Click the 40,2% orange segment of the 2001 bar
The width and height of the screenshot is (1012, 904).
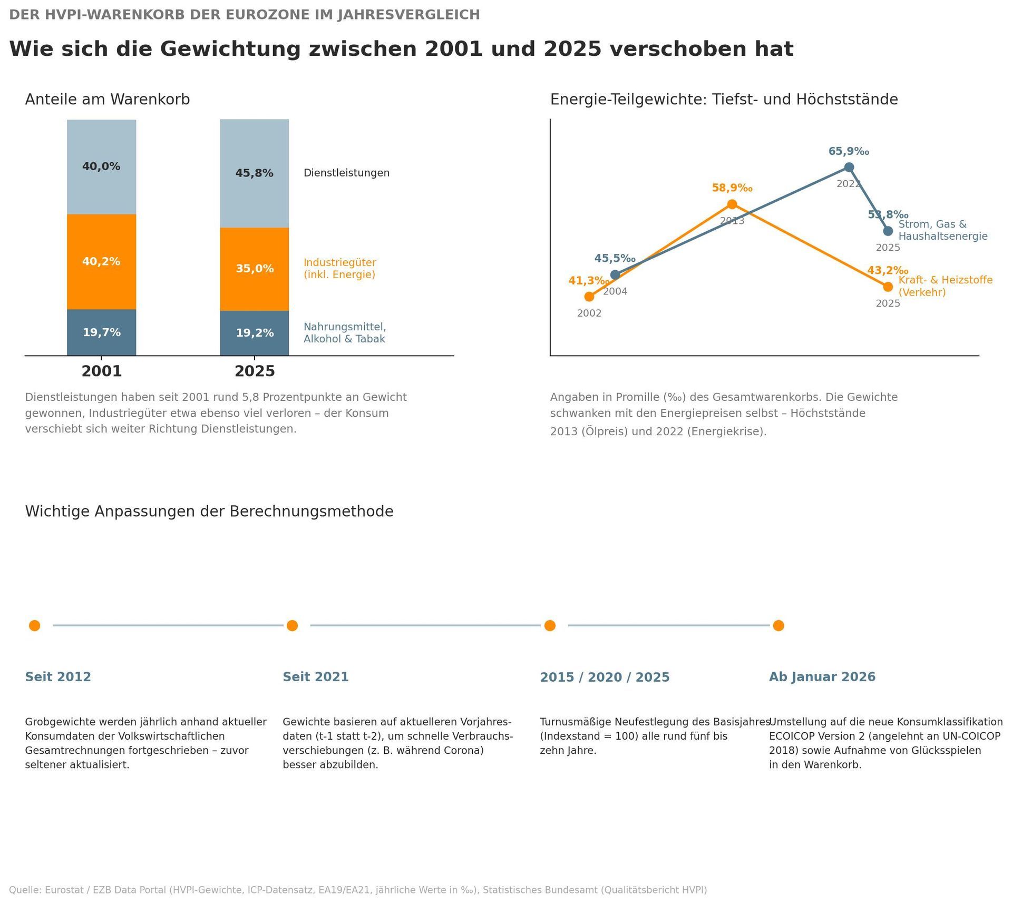(101, 261)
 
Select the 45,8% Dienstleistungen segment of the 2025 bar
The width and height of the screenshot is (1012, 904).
(255, 173)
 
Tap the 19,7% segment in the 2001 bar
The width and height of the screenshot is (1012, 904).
(101, 332)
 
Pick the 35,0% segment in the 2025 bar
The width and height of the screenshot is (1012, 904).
(255, 269)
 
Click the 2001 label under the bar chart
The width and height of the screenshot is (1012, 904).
(101, 371)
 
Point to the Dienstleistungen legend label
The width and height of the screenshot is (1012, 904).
(346, 173)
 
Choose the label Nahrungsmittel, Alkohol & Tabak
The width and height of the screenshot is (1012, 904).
(345, 333)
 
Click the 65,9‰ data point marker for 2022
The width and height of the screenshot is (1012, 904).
(849, 167)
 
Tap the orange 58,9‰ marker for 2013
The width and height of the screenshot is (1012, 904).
(732, 204)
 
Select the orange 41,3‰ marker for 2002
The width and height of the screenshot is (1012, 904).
(589, 297)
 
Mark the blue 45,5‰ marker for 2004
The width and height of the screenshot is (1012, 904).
(615, 274)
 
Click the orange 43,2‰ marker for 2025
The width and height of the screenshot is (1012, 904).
(888, 287)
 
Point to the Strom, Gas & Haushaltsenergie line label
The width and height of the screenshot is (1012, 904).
(943, 230)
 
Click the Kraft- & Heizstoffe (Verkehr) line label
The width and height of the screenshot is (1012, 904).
(946, 286)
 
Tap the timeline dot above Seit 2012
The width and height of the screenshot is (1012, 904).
(35, 625)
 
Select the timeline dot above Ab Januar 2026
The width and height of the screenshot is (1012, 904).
(779, 625)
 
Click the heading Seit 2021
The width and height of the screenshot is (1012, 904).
(316, 677)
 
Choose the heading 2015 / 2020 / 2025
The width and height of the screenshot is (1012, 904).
(605, 677)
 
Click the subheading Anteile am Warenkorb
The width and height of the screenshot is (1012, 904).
(108, 100)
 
